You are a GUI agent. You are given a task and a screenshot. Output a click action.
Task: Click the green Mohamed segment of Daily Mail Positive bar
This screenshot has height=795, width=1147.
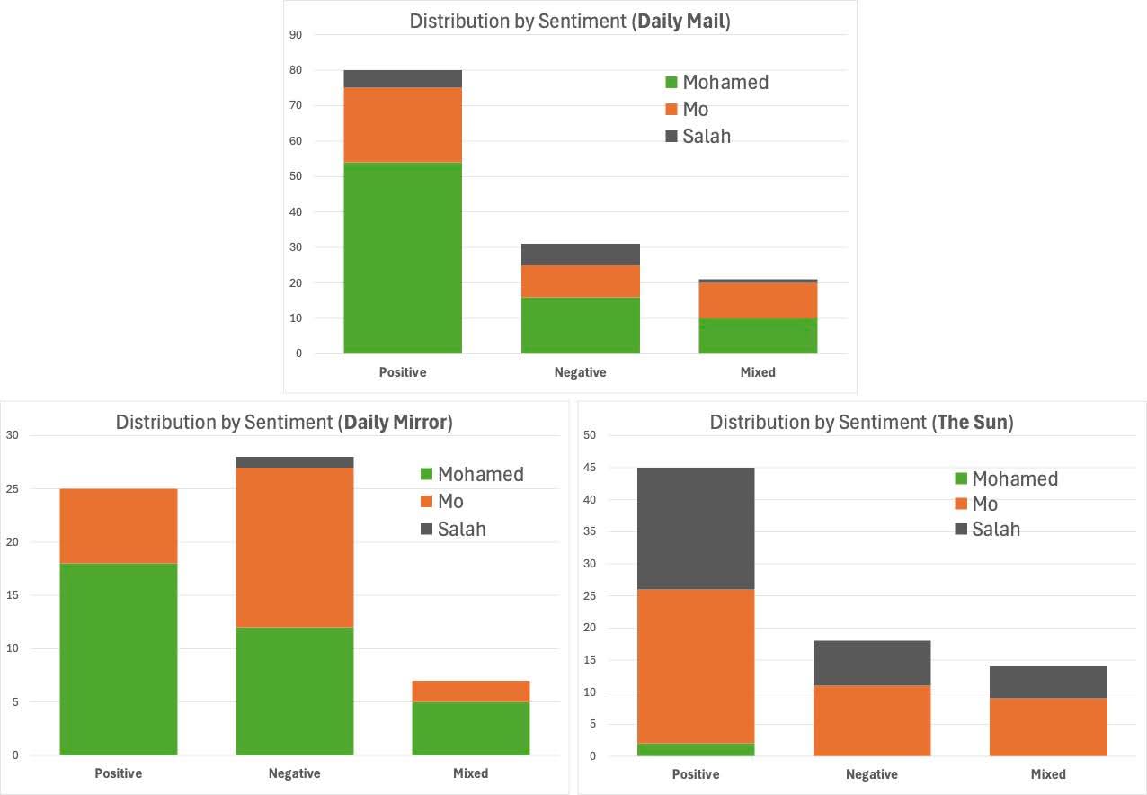403,258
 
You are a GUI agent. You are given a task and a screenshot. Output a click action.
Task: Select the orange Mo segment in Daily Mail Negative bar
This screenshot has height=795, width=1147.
581,281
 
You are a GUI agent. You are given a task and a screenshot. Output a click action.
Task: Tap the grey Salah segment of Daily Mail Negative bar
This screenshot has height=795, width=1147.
581,255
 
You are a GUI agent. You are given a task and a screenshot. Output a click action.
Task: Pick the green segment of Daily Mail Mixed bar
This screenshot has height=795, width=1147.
758,335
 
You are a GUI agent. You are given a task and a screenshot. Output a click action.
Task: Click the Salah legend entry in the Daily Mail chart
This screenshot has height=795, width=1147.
707,137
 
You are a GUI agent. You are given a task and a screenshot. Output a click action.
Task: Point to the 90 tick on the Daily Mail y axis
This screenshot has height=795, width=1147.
296,35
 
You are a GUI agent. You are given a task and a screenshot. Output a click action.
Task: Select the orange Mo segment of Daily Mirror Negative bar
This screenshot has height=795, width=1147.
294,548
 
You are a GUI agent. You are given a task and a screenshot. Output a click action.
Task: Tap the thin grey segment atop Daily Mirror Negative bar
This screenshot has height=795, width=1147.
294,462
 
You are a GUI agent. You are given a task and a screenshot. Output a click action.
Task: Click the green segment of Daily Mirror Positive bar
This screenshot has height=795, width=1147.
119,659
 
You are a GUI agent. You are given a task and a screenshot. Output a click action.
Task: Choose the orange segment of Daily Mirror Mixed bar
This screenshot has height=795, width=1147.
470,692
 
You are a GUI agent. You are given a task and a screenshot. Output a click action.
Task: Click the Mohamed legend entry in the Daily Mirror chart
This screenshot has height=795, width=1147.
480,474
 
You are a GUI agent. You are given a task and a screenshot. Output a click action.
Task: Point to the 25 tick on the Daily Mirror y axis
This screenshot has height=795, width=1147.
12,489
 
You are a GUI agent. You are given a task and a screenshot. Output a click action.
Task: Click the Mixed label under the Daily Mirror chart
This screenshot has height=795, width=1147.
470,773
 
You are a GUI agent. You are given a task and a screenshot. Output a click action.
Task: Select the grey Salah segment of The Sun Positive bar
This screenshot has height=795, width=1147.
695,528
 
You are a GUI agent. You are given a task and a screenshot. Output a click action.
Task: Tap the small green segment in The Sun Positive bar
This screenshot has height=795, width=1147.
695,750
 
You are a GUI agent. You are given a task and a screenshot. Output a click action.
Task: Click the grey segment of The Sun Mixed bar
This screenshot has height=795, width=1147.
1048,683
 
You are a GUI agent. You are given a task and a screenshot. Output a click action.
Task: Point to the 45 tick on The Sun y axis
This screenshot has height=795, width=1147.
591,468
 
